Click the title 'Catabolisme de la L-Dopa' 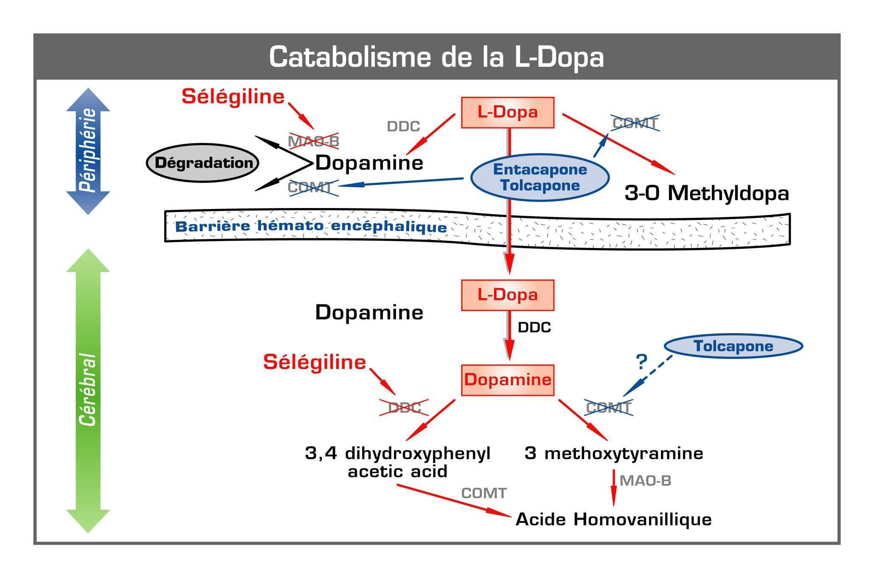(x=436, y=57)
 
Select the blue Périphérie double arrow (x=88, y=151)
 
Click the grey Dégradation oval (x=202, y=163)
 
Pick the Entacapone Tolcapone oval (x=540, y=178)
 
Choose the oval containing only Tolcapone (x=733, y=346)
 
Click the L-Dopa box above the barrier (x=508, y=113)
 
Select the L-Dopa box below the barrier (x=508, y=295)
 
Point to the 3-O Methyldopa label (x=707, y=193)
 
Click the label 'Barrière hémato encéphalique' (x=311, y=226)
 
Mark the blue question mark (x=641, y=362)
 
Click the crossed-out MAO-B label (x=314, y=141)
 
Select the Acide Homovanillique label (x=613, y=519)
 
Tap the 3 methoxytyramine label (x=614, y=454)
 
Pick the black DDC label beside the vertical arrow (x=534, y=327)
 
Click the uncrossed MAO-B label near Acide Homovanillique (x=645, y=481)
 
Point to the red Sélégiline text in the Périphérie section (x=233, y=97)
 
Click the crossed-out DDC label (x=404, y=408)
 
